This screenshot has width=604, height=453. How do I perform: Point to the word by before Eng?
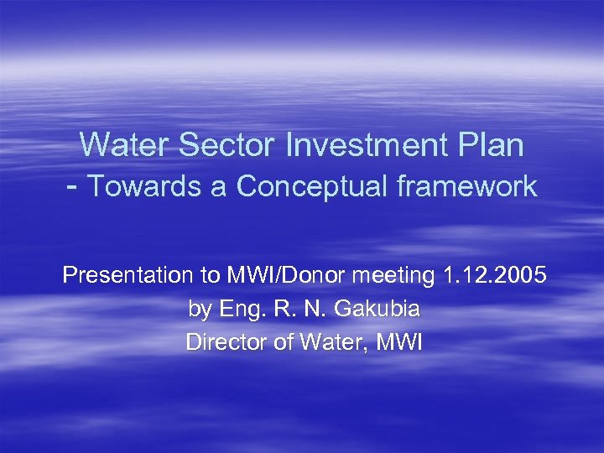coord(200,310)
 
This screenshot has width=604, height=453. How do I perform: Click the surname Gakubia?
coord(377,309)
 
